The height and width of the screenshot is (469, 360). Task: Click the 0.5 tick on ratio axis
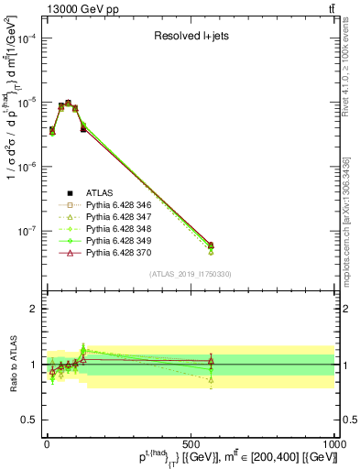(29, 419)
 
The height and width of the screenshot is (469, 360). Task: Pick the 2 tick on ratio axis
(33, 309)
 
